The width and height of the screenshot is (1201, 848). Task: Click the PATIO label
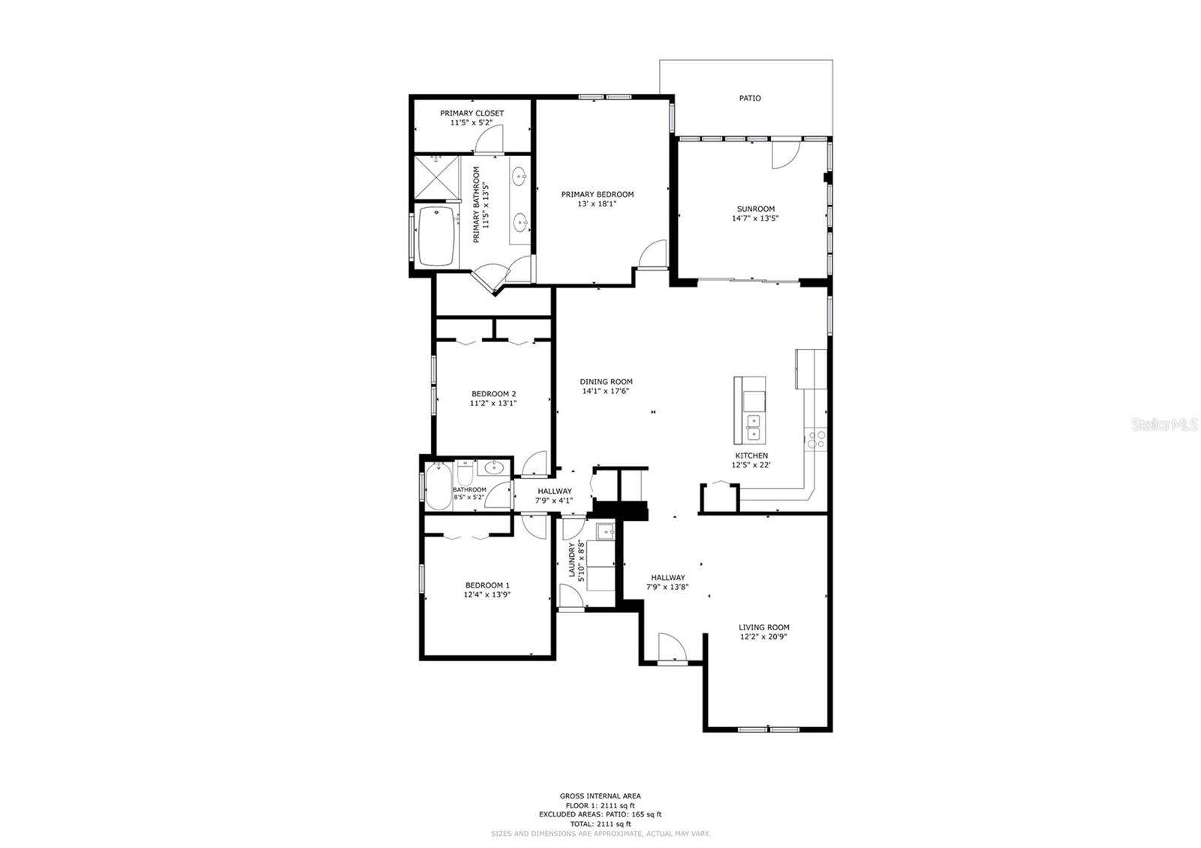(750, 98)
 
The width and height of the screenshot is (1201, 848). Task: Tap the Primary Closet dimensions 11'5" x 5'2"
(472, 122)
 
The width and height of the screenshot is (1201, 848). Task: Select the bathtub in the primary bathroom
(435, 236)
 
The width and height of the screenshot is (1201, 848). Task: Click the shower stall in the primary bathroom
(436, 177)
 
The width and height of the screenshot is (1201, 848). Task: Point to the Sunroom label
(755, 209)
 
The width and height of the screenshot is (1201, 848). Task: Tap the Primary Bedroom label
(597, 194)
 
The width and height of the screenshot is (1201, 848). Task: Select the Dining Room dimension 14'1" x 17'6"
(605, 391)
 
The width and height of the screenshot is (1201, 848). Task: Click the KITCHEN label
(751, 456)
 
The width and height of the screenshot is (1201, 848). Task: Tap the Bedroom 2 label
(493, 394)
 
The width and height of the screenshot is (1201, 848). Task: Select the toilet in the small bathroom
(464, 473)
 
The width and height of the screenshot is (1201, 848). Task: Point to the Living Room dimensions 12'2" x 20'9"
(763, 637)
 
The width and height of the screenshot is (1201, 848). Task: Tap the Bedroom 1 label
(487, 585)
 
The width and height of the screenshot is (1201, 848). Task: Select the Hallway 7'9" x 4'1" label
(554, 495)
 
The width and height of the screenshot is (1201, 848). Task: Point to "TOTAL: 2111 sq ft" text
(600, 824)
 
